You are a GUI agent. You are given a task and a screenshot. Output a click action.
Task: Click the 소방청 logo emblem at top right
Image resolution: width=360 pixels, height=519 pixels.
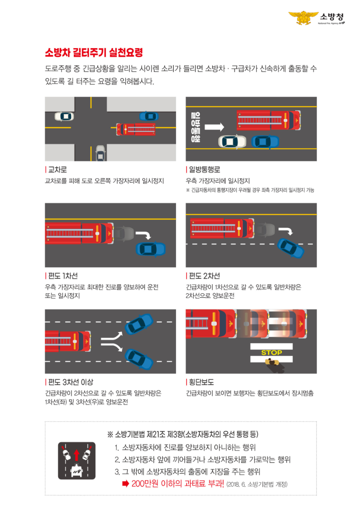(x=303, y=18)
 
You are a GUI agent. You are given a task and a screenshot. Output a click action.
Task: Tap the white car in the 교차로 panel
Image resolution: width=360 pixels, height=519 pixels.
(x=64, y=116)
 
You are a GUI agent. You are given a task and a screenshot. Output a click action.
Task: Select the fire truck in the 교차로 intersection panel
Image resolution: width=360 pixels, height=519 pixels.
(x=136, y=129)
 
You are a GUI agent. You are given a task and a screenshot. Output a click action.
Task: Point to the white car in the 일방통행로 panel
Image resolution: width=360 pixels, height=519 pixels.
(x=232, y=141)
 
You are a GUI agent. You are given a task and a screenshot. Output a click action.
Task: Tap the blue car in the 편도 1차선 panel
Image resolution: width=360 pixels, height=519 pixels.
(x=151, y=248)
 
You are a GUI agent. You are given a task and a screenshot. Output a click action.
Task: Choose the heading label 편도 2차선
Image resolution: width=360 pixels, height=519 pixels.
(x=204, y=276)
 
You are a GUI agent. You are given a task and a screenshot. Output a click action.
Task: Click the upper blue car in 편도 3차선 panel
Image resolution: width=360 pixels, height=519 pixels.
(x=139, y=324)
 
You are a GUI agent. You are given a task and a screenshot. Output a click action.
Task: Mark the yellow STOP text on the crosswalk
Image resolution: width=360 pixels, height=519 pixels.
(x=271, y=353)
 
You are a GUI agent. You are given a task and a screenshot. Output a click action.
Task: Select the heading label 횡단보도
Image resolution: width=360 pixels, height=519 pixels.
(x=201, y=382)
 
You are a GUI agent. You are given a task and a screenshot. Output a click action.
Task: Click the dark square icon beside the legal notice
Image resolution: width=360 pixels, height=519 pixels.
(x=76, y=460)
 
